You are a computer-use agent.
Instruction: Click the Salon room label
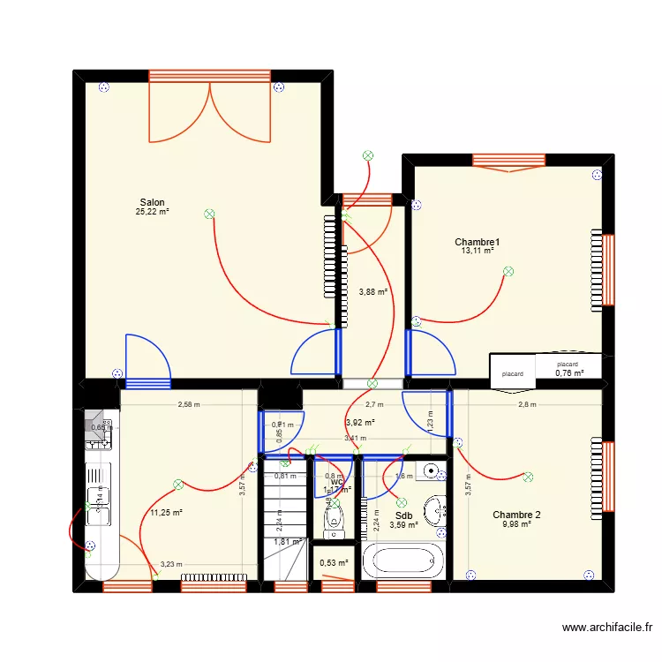pos(152,202)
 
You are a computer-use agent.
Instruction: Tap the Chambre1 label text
pos(478,242)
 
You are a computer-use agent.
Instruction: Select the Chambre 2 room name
pos(517,515)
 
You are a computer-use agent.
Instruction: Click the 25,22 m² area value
pos(152,212)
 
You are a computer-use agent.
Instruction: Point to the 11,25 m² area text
pos(166,512)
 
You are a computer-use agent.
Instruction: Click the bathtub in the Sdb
pos(404,560)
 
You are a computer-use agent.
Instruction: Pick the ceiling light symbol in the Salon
pos(209,214)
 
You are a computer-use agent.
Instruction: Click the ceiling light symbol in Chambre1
pos(508,273)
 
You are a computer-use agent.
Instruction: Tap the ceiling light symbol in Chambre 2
pos(528,477)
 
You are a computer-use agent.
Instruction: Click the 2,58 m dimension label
pos(189,405)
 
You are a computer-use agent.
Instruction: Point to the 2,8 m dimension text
pos(527,405)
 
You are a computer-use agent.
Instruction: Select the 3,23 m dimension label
pos(172,564)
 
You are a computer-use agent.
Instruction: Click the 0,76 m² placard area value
pos(569,372)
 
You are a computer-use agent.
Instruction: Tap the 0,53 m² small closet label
pos(334,562)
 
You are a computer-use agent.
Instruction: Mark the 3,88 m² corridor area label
pos(373,291)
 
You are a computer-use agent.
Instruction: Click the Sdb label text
pos(404,516)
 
